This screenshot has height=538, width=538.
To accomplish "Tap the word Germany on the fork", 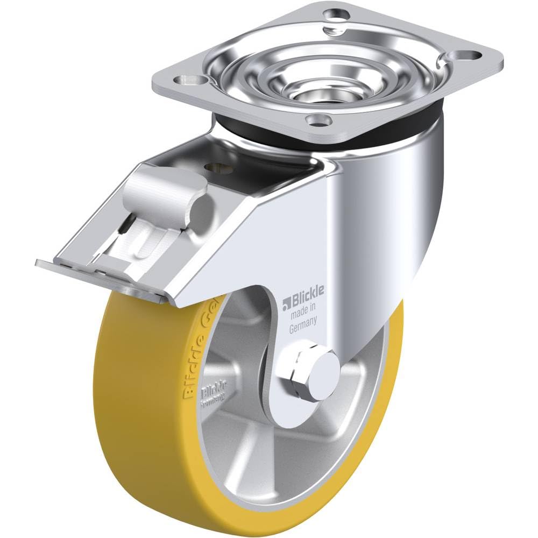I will (302, 321).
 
